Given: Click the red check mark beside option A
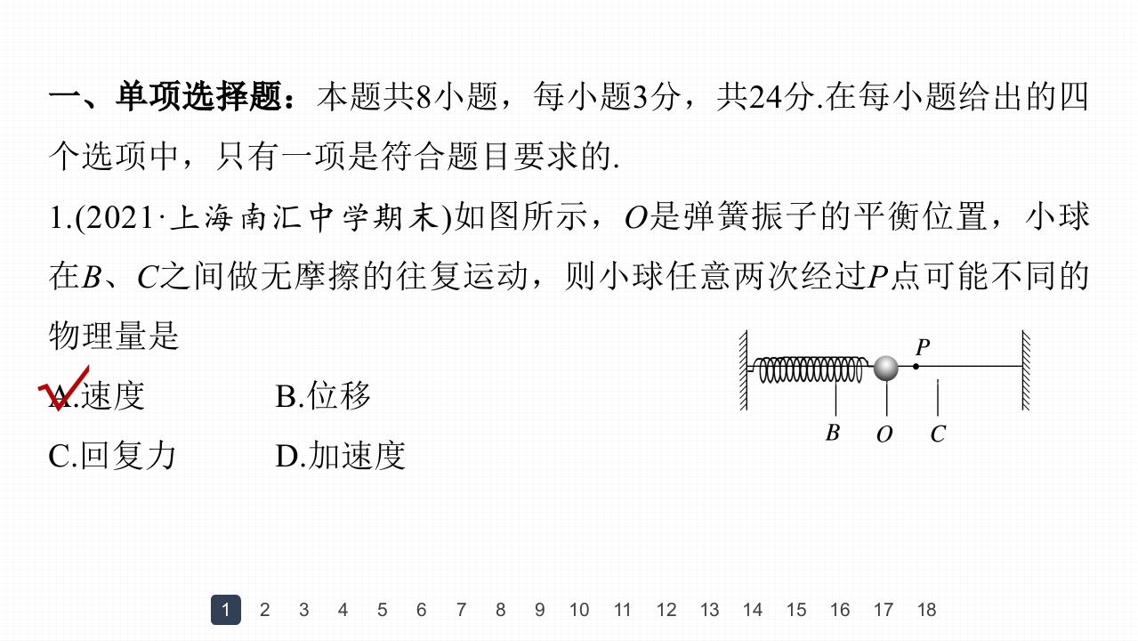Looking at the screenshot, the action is tap(63, 389).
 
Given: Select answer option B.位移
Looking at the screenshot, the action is tap(323, 396).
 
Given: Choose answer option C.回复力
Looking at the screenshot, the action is tap(112, 456).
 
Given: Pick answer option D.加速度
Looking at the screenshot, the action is tap(340, 456).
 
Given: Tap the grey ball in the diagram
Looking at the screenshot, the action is tap(885, 367).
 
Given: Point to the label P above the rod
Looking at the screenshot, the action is tap(923, 347).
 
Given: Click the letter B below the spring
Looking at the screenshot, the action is tap(833, 434).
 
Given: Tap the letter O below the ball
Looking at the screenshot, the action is tap(884, 434).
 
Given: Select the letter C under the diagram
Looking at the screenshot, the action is tap(938, 434).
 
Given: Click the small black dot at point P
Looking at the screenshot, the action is tap(916, 366).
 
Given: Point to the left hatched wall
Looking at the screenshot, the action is tap(743, 370).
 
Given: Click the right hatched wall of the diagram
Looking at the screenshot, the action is tap(1026, 370).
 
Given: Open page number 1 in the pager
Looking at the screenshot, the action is tap(226, 610).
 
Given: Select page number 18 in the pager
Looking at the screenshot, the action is tap(926, 610).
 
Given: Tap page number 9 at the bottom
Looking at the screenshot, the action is tap(539, 610).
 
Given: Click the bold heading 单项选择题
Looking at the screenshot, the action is tap(198, 97).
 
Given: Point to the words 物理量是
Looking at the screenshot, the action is tap(114, 337).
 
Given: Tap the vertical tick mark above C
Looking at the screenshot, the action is tap(938, 397).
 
